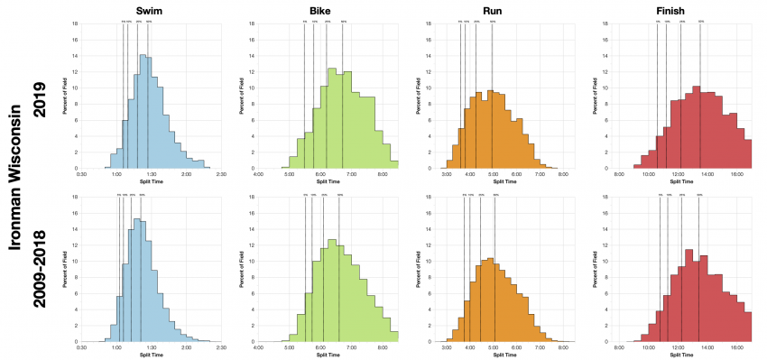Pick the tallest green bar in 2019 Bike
tap(331, 118)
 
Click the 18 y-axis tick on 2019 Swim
tap(75, 23)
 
